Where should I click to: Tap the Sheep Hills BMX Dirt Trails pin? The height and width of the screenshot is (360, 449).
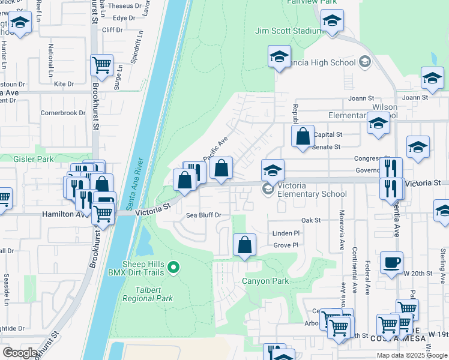(174, 267)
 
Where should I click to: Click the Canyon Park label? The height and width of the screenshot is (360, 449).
(265, 281)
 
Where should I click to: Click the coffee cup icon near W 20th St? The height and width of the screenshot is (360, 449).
(391, 262)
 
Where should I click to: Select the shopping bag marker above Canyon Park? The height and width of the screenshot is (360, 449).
(244, 245)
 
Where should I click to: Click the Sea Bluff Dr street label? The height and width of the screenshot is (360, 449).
(204, 215)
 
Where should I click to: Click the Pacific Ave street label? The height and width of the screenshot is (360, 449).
(216, 149)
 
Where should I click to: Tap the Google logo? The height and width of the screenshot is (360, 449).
(19, 353)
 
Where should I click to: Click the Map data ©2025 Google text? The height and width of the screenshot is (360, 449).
(411, 355)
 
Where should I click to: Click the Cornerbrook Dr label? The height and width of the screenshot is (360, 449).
(63, 112)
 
